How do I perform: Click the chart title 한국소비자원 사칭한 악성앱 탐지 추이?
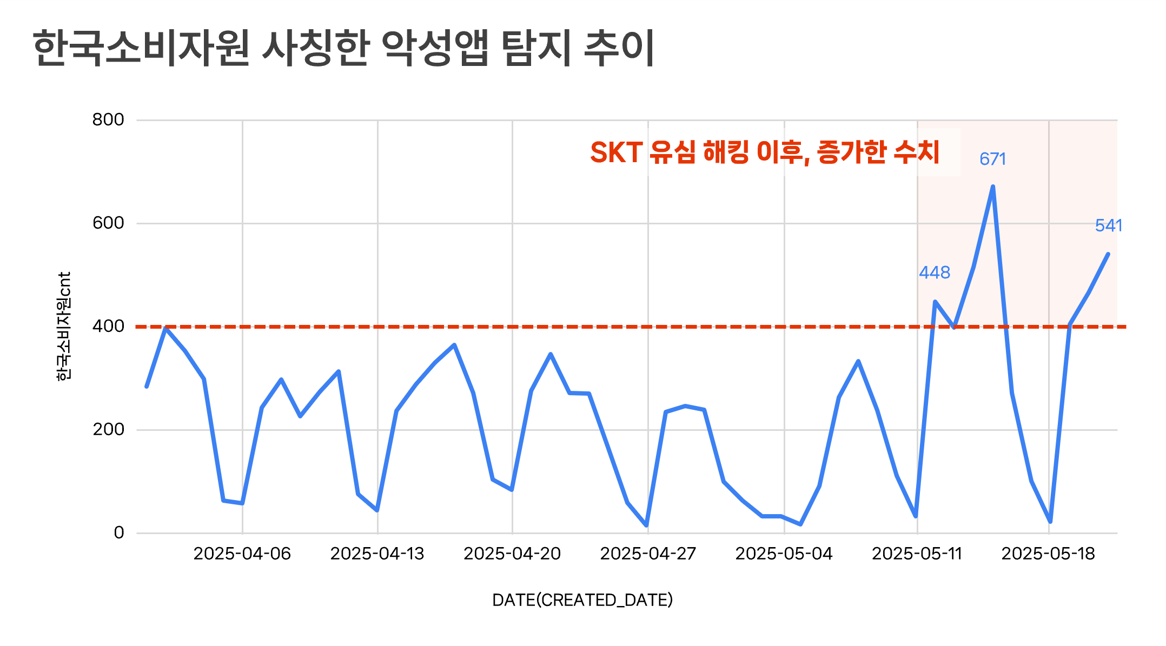tap(343, 48)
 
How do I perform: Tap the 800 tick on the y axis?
tap(108, 119)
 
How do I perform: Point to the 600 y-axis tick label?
tap(108, 223)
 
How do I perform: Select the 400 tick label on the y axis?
tap(108, 326)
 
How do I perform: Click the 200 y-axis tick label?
tap(108, 429)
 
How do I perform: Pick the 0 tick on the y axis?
tap(119, 532)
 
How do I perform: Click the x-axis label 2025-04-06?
tap(242, 554)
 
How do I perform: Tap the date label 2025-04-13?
tap(377, 554)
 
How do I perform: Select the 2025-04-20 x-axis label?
tap(512, 554)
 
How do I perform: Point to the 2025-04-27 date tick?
tap(648, 554)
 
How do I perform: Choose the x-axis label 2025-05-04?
tap(784, 554)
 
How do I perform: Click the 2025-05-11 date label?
tap(917, 554)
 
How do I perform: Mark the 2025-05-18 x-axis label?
tap(1048, 554)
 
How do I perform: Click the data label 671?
tap(993, 159)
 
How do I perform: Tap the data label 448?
tap(935, 272)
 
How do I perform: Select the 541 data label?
tap(1109, 225)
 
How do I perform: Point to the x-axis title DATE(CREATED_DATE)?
tap(582, 600)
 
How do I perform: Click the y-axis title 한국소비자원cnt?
tap(64, 327)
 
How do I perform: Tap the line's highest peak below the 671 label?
tap(993, 187)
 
